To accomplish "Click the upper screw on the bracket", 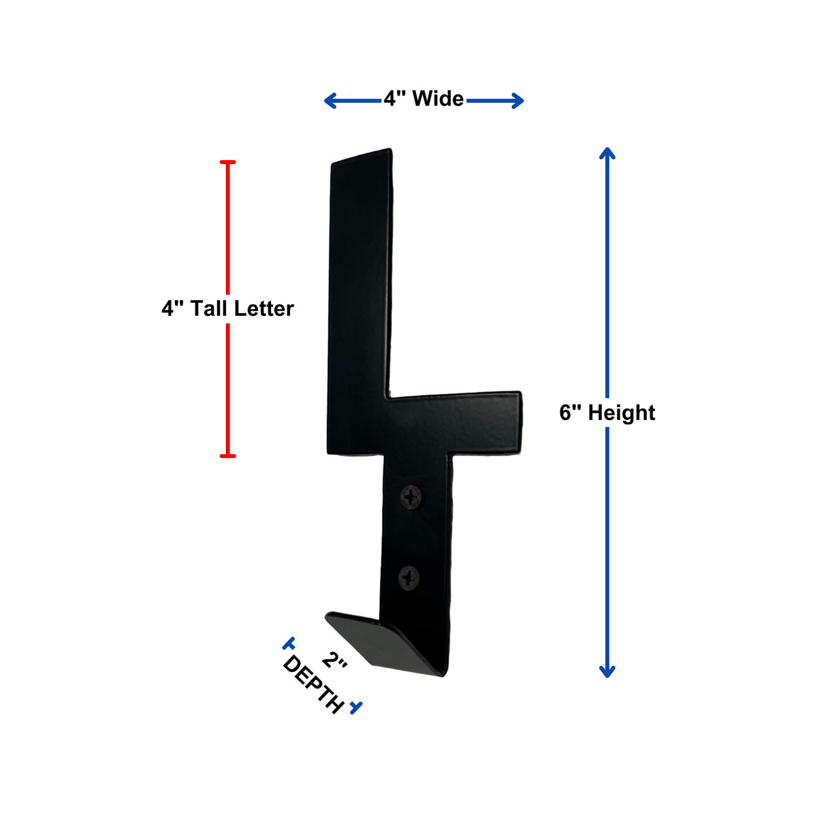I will tap(412, 496).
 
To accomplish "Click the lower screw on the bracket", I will tap(408, 579).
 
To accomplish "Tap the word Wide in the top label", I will tap(438, 99).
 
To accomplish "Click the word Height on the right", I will tap(622, 413).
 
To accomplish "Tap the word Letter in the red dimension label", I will tap(263, 308).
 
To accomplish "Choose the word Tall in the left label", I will tap(208, 308).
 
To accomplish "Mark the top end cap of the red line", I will tap(227, 162).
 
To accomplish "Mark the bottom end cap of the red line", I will tap(227, 455).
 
